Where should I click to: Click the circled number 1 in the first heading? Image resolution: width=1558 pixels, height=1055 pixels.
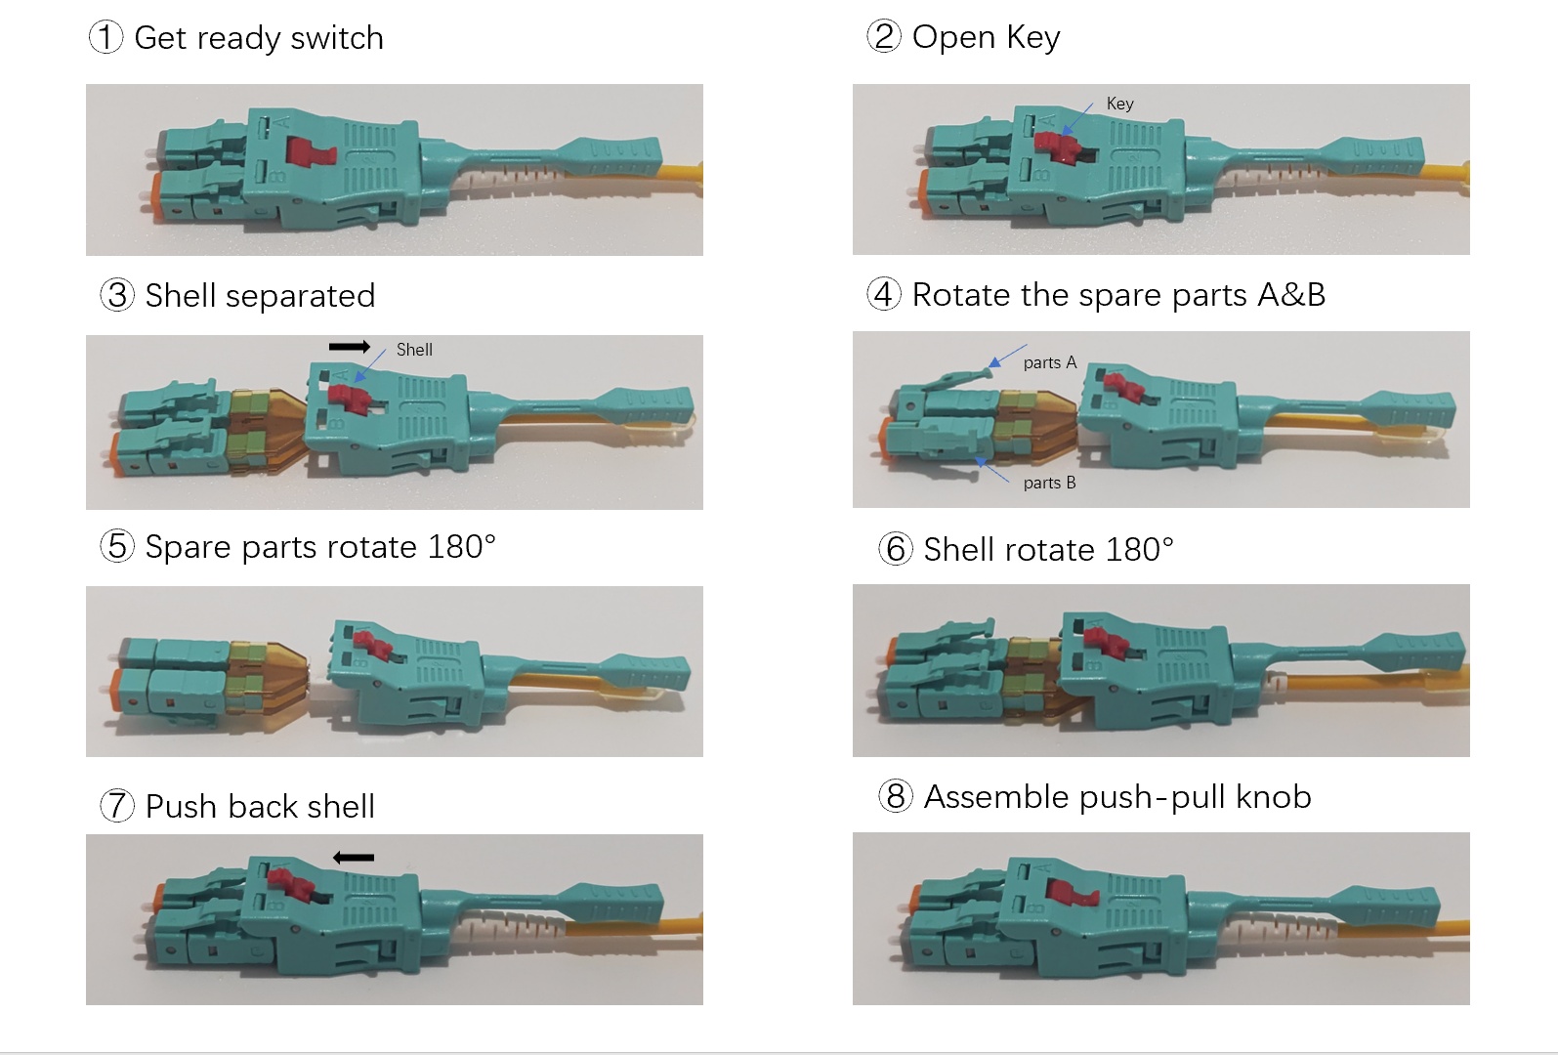point(105,38)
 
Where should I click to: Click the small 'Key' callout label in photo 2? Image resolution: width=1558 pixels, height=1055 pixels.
point(1119,104)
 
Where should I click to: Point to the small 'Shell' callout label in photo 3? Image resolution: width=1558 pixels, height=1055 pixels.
point(414,350)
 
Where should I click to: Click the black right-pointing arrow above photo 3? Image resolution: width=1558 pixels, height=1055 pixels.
point(349,347)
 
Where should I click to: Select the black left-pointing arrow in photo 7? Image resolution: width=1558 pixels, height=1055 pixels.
point(354,858)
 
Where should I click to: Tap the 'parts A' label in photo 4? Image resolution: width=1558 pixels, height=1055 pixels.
point(1049,363)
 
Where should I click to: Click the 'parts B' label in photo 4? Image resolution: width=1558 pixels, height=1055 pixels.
point(1049,483)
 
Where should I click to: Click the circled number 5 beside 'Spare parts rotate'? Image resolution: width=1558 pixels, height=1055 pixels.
point(117,546)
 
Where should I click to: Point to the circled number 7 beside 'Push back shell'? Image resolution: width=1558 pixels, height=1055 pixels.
point(117,806)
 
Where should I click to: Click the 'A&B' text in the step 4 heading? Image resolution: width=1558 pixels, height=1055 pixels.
point(1291,295)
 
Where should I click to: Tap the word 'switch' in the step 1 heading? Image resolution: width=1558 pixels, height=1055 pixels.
point(337,38)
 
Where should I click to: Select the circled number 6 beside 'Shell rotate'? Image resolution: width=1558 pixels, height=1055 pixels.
point(896,549)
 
